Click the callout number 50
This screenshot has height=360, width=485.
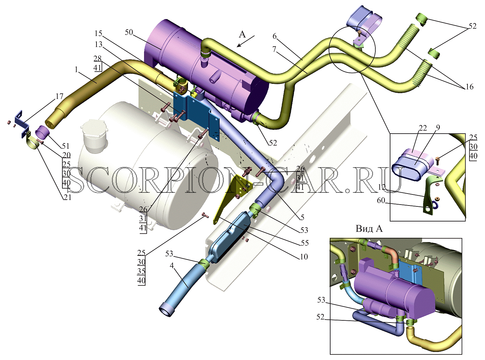129,32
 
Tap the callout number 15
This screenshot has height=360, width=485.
98,33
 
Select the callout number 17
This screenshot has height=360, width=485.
59,96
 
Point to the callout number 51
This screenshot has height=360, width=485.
65,146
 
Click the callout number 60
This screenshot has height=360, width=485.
381,200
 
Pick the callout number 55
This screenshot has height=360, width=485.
305,243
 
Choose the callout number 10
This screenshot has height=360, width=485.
303,256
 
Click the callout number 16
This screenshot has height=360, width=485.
469,87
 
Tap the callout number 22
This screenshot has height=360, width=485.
423,128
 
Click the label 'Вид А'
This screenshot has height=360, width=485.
369,229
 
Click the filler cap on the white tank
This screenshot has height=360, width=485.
94,135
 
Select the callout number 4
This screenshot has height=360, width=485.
172,266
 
